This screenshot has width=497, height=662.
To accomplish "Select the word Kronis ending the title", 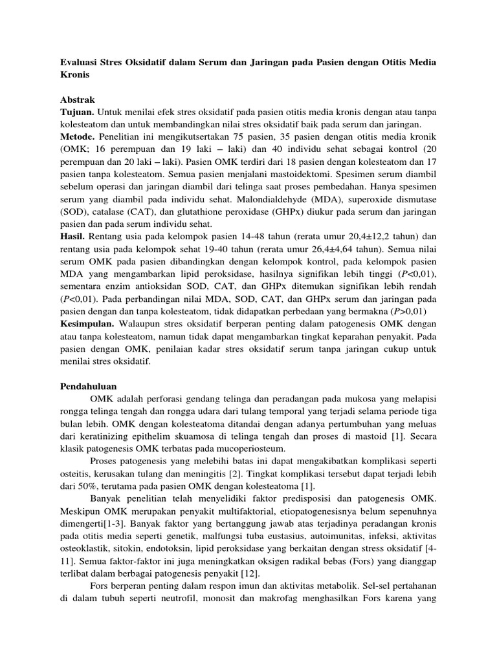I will click(x=75, y=74).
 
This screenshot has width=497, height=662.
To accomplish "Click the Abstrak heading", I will click(x=78, y=100).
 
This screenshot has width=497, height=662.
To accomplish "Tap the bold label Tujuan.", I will click(x=79, y=112).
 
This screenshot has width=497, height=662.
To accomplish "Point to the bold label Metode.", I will click(x=78, y=137).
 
